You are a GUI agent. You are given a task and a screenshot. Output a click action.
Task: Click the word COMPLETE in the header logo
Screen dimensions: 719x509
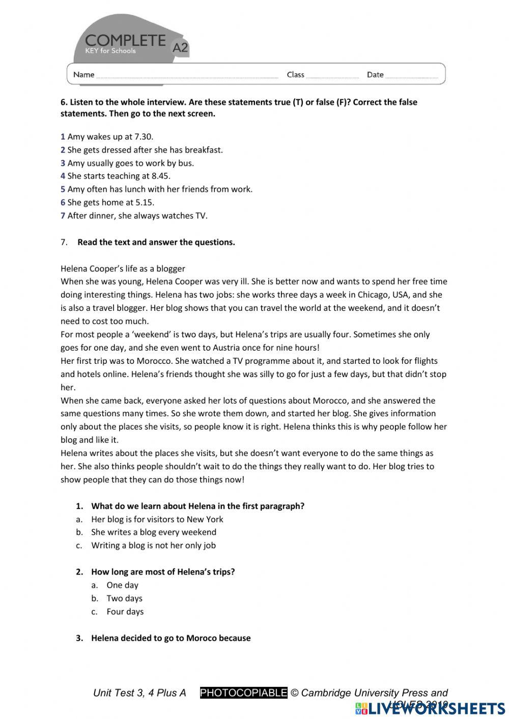tap(125, 40)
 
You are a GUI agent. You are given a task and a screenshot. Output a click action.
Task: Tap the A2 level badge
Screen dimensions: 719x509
tap(180, 47)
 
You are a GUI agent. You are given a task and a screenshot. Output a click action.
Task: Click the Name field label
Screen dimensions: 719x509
tap(83, 75)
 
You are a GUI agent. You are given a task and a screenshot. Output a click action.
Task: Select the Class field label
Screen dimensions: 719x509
tap(295, 75)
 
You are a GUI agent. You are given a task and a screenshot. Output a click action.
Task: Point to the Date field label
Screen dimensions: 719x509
tap(375, 75)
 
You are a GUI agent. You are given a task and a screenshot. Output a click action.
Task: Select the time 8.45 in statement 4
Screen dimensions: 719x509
tap(160, 176)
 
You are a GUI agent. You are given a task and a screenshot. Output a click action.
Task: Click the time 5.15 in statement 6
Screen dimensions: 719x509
tap(145, 203)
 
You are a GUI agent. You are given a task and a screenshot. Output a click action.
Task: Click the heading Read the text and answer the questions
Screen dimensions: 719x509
tap(156, 242)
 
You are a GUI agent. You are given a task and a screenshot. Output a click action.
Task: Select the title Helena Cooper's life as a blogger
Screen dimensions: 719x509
tap(123, 269)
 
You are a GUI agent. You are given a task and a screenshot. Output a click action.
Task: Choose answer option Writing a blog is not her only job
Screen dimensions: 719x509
tap(153, 545)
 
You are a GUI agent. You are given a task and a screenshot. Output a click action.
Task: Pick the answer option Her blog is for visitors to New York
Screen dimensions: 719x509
tap(157, 519)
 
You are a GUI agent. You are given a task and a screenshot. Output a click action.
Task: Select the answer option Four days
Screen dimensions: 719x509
tap(125, 612)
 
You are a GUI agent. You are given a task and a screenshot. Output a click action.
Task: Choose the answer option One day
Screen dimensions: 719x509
tap(122, 585)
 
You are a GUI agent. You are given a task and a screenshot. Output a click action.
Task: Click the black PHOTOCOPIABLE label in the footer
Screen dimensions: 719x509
tap(244, 693)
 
